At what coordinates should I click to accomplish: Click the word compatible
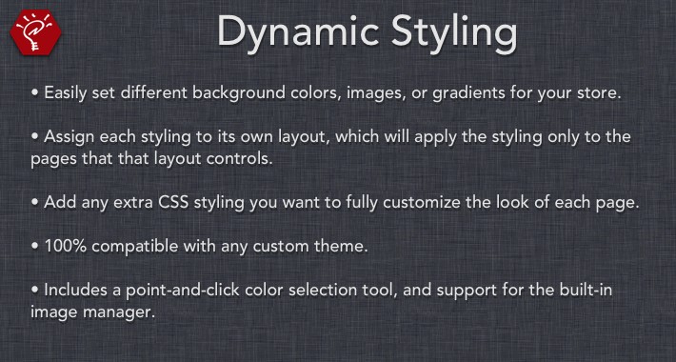click(x=139, y=248)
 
